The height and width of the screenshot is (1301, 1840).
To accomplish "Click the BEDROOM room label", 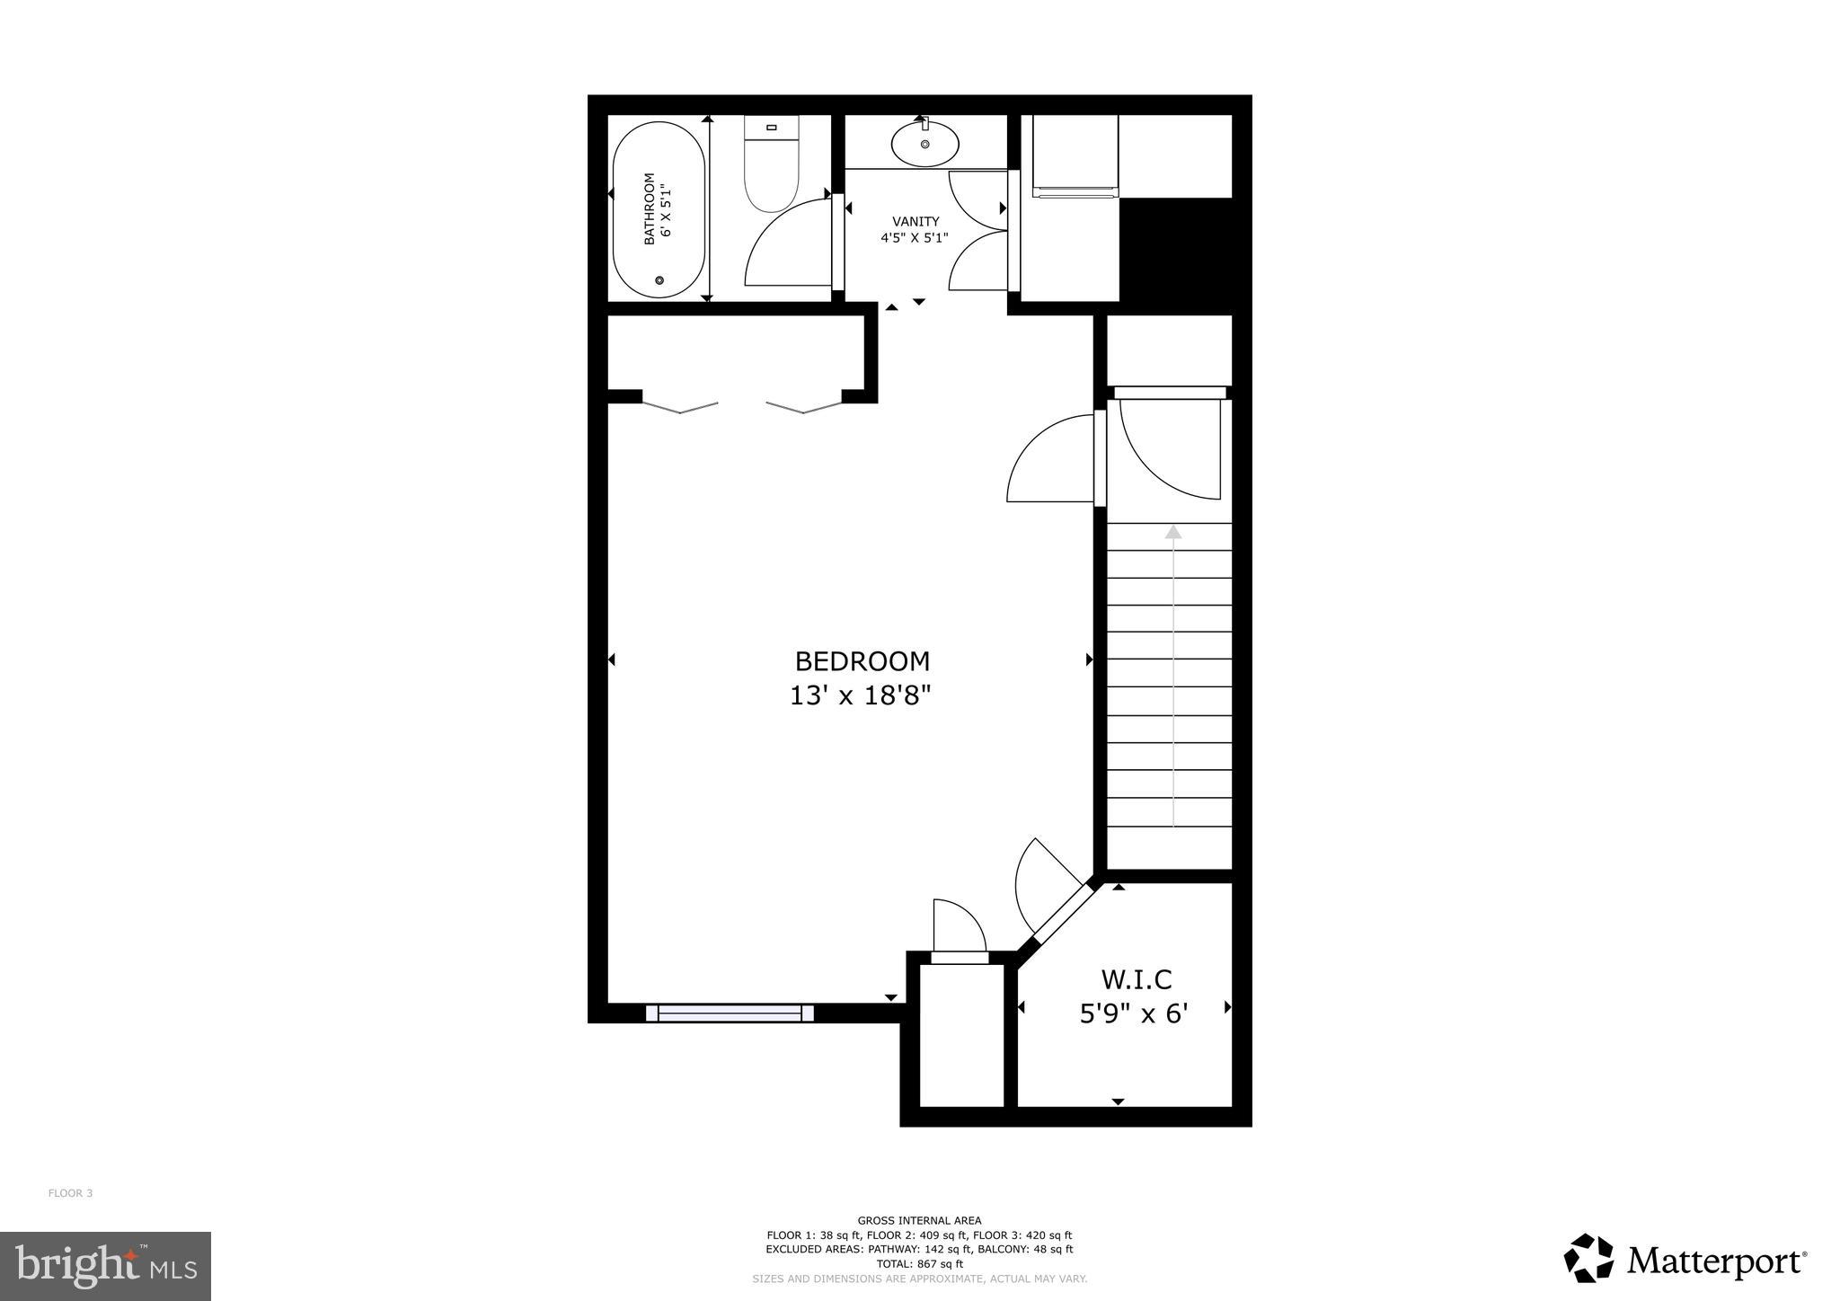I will pyautogui.click(x=862, y=661).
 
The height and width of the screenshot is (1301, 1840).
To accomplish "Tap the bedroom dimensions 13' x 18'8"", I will pyautogui.click(x=860, y=695).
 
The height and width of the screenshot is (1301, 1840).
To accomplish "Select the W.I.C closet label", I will pyautogui.click(x=1137, y=978).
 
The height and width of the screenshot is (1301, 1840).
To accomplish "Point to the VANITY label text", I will pyautogui.click(x=916, y=221).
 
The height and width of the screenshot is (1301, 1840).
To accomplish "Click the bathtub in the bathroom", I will pyautogui.click(x=658, y=209).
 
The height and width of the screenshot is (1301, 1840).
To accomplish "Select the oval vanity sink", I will pyautogui.click(x=924, y=144).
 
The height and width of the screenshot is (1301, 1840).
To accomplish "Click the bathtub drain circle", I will pyautogui.click(x=659, y=281).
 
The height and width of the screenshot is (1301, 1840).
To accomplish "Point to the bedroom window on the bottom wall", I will pyautogui.click(x=730, y=1013).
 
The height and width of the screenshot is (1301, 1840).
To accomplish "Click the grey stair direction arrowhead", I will pyautogui.click(x=1173, y=532).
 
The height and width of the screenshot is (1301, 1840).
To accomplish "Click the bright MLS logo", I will pyautogui.click(x=106, y=1266).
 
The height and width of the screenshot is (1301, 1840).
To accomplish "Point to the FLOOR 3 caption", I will pyautogui.click(x=70, y=1193).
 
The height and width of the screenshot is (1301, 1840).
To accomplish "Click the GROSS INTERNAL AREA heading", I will pyautogui.click(x=919, y=1220).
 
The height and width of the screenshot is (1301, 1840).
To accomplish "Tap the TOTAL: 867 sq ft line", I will pyautogui.click(x=919, y=1263).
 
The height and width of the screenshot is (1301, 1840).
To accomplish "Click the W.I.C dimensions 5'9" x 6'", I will pyautogui.click(x=1134, y=1013).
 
